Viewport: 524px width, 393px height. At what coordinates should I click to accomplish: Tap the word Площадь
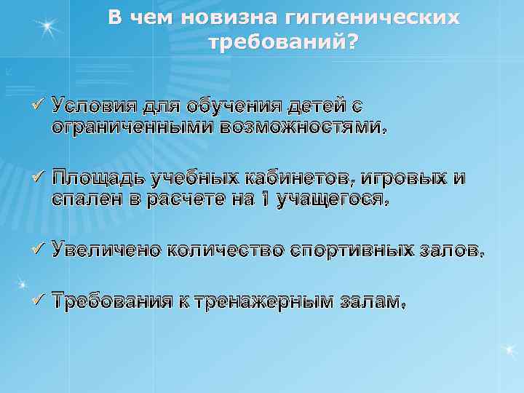pyautogui.click(x=95, y=178)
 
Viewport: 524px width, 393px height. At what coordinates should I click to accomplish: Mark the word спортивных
pyautogui.click(x=353, y=250)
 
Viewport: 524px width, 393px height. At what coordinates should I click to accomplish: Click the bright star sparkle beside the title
pyautogui.click(x=48, y=28)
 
